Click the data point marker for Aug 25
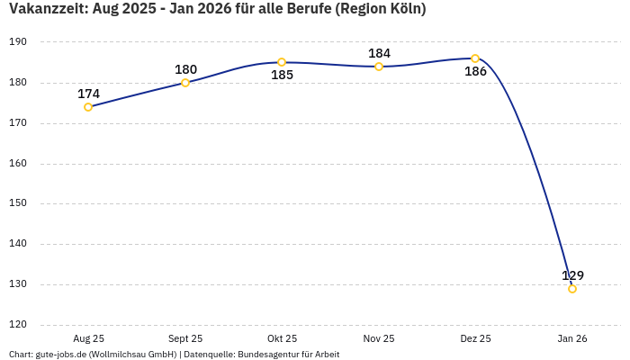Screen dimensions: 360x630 (88, 107)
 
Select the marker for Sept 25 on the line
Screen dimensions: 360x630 (185, 83)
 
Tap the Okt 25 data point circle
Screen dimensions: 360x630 (282, 62)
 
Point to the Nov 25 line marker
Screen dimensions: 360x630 (379, 67)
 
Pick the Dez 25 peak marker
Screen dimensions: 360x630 (475, 58)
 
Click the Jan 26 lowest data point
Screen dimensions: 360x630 (572, 289)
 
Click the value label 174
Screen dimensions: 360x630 (88, 94)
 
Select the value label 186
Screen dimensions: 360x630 (475, 72)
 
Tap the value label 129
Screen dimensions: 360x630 (572, 275)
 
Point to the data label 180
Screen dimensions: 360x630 (185, 69)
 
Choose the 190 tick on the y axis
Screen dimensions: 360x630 (18, 42)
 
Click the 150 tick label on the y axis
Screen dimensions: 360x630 (18, 203)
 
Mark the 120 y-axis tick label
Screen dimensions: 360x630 (18, 325)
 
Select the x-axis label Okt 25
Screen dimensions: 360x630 (282, 339)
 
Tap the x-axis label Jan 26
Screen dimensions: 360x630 (572, 339)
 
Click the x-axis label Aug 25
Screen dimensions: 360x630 (88, 339)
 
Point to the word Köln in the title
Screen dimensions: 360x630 (404, 9)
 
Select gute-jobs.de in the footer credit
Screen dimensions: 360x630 (62, 355)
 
